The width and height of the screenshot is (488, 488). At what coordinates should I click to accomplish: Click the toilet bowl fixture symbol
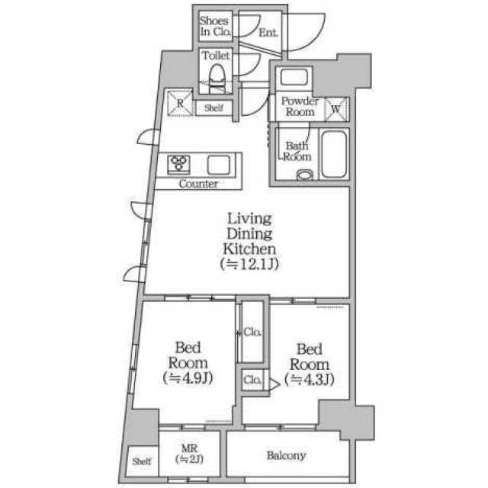point(217,78)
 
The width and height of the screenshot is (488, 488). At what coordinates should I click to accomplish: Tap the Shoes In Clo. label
point(215,26)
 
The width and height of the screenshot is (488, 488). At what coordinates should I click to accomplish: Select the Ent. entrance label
point(268,32)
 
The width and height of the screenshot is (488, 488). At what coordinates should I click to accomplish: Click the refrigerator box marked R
point(180,103)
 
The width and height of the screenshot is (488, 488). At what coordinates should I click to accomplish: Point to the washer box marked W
point(335,109)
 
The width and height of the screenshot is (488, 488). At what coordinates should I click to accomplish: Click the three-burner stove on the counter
point(178,164)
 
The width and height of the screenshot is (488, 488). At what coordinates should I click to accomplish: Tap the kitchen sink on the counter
point(219,165)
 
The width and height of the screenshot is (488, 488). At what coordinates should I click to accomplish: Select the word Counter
point(198,184)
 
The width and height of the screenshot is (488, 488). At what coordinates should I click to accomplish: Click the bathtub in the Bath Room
point(334,154)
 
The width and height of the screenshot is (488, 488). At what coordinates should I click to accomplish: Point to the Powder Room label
point(300,106)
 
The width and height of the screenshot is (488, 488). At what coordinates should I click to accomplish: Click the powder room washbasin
point(294,76)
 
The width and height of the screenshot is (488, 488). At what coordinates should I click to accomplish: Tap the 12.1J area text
point(249,265)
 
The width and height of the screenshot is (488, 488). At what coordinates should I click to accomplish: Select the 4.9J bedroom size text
point(188,378)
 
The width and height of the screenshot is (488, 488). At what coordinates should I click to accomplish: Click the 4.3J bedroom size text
point(310,379)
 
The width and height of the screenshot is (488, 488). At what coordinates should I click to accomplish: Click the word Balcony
point(287,456)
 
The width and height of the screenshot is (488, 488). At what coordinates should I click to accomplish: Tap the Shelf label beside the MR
point(142,461)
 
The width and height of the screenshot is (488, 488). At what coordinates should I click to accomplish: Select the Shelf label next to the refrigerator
point(213,108)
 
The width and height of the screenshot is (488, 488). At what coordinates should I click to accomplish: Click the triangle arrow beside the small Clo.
point(274,384)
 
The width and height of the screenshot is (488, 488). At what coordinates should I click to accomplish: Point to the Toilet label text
point(216,56)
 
